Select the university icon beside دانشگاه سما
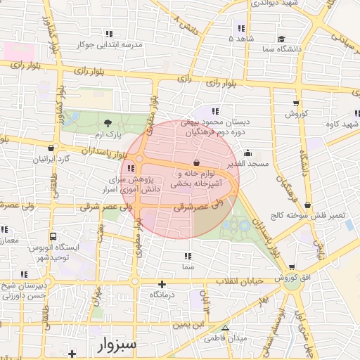281,39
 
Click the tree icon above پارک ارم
107,124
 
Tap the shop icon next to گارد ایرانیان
51,148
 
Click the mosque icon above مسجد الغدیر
247,153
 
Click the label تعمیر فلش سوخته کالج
309,215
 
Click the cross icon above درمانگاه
162,285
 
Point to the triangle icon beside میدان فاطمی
225,328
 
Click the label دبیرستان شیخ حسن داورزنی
24,290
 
